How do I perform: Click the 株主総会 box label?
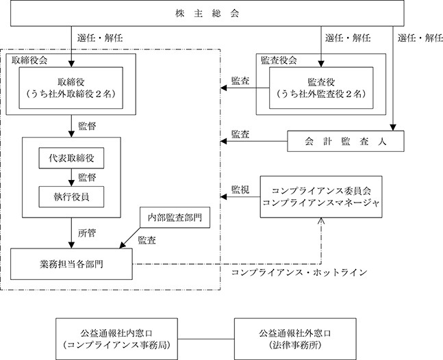[207, 14]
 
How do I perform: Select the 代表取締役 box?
[71, 158]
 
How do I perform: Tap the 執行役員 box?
[71, 197]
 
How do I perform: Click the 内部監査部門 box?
[175, 218]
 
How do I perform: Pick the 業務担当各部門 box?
[71, 264]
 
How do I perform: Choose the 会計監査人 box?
[346, 141]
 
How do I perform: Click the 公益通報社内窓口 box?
[116, 339]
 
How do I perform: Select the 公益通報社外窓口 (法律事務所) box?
[295, 339]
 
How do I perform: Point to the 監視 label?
[240, 190]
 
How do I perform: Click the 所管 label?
[87, 233]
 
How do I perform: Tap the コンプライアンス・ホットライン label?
[299, 272]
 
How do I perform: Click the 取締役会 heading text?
[29, 60]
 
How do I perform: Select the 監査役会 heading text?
[279, 60]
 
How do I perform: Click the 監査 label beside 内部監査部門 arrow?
[147, 240]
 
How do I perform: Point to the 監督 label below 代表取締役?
[87, 177]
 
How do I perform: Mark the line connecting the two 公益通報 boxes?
[206, 339]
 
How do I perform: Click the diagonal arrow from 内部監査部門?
[129, 238]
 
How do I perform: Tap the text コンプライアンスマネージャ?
[321, 203]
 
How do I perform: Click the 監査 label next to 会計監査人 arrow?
[240, 134]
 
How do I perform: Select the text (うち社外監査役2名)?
[321, 94]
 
